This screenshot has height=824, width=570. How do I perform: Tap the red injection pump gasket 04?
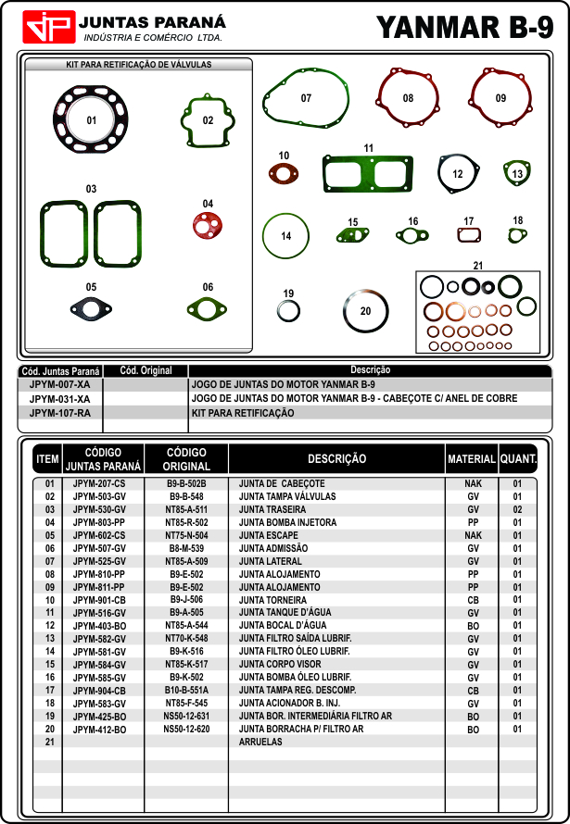coord(207,224)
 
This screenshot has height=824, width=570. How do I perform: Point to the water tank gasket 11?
coord(368,172)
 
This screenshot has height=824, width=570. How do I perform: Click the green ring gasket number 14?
coord(286,236)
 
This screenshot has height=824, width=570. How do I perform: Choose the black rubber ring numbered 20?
coord(365,311)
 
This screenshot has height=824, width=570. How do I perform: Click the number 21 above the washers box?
coord(478,266)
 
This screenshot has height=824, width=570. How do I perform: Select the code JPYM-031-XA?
coord(59,398)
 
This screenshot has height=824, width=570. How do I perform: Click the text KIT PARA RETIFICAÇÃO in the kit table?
coord(242,413)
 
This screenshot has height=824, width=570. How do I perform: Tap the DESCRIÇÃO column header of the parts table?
coord(336,458)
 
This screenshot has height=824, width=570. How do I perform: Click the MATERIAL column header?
coord(471,458)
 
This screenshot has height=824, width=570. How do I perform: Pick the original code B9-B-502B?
coord(186,483)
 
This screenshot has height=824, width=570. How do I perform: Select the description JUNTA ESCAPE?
coord(268,535)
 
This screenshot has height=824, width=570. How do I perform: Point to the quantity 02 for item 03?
coord(518,509)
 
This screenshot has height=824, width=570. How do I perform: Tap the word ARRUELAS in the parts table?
coord(260,743)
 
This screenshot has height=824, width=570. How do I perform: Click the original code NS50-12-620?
coord(186,730)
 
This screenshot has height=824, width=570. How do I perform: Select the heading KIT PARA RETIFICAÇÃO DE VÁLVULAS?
coord(139,65)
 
